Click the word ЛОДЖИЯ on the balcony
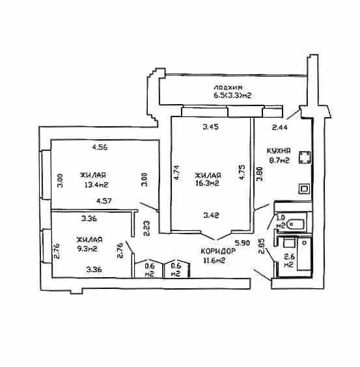pos(228,88)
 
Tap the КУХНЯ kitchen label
pos(279,150)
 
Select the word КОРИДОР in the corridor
pos(218,251)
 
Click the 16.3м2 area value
pos(207,183)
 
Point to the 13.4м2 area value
pos(96,185)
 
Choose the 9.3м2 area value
pos(87,249)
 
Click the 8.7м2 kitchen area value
pos(279,160)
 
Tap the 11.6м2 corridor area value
pos(214,260)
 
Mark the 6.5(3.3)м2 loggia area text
pos(232,96)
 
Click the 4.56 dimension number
pos(100,148)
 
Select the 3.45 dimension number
pos(211,127)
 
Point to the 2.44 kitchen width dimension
pos(280,128)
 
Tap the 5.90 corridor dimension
pos(243,243)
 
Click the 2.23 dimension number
pos(147,228)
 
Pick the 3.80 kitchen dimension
pos(260,174)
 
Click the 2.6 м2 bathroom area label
pos(289,260)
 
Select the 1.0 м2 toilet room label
pos(281,221)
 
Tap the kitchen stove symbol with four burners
pos(305,157)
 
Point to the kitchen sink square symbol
pos(304,189)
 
